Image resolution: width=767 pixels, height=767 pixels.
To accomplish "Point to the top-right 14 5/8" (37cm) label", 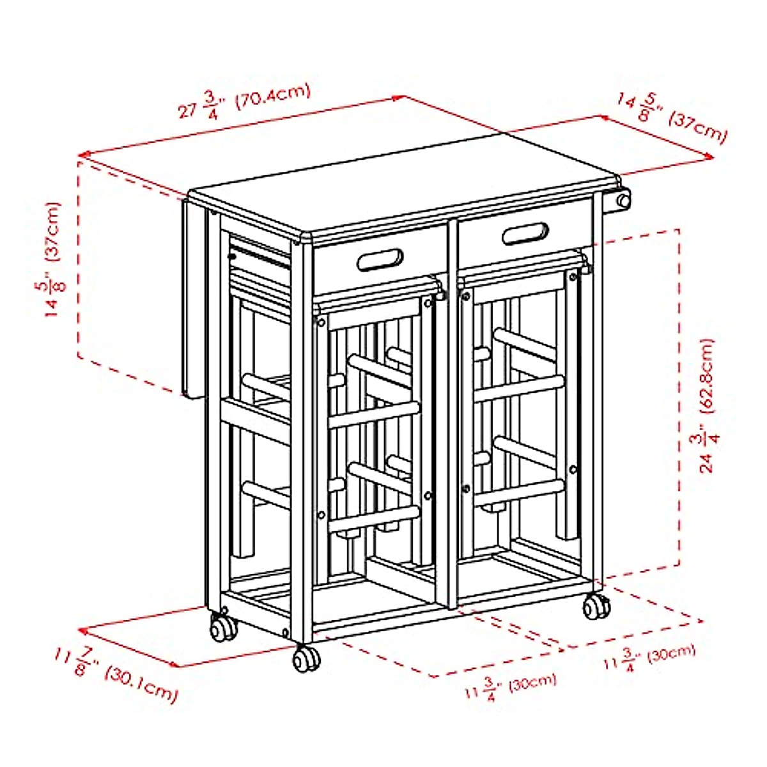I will coord(671,118).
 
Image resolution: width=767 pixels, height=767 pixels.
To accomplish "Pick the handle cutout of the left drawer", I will coord(380,261).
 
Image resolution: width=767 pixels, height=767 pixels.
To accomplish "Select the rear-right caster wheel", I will coord(596,606).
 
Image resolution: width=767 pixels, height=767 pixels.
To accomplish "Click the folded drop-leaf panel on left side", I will coord(193,300).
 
